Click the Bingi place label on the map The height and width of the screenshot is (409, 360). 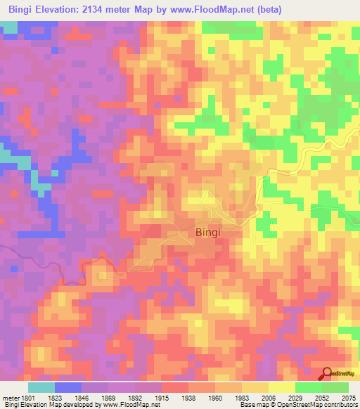[x=212, y=232]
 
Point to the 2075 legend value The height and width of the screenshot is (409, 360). [x=349, y=398]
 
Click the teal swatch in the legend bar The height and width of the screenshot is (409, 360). [x=41, y=387]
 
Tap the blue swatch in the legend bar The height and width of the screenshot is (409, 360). [x=68, y=387]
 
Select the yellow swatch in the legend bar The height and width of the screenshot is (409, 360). [x=281, y=387]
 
